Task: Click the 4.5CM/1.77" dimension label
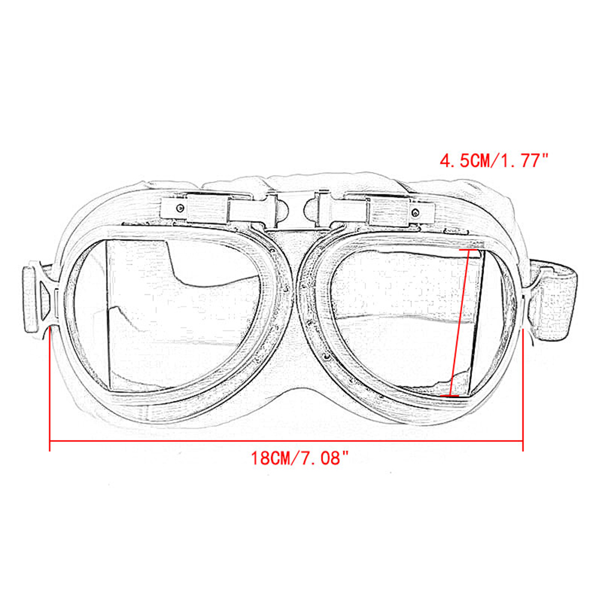495,161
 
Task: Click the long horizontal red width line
286,441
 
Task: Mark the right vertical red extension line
523,391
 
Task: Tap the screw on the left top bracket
180,208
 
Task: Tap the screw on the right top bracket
415,212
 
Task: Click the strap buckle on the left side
37,298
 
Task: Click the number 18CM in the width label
271,459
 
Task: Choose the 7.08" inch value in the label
325,459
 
